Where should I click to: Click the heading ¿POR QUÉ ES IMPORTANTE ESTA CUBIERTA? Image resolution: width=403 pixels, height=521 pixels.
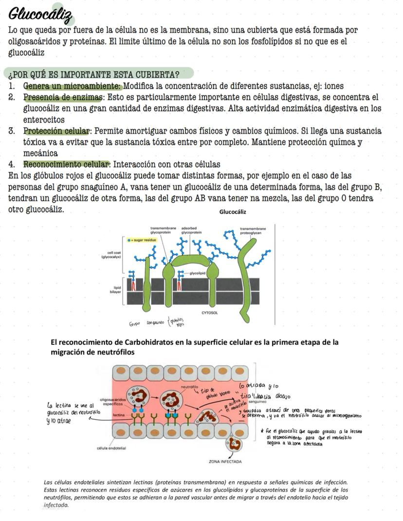[94, 74]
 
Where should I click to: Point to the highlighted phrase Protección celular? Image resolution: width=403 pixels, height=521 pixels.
[57, 131]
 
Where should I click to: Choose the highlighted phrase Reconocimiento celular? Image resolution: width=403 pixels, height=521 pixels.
[67, 164]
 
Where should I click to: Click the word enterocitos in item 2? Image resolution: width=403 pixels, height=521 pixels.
[44, 120]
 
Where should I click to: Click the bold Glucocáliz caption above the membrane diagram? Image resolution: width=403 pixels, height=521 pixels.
[233, 212]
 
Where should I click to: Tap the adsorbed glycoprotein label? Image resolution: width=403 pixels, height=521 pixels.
[190, 230]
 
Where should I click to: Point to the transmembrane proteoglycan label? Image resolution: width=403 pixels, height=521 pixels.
[253, 230]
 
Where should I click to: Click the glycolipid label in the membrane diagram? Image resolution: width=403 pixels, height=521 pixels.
[196, 274]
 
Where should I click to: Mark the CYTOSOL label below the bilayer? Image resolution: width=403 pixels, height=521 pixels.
[209, 312]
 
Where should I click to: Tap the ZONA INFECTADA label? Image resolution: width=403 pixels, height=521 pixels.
[225, 461]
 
